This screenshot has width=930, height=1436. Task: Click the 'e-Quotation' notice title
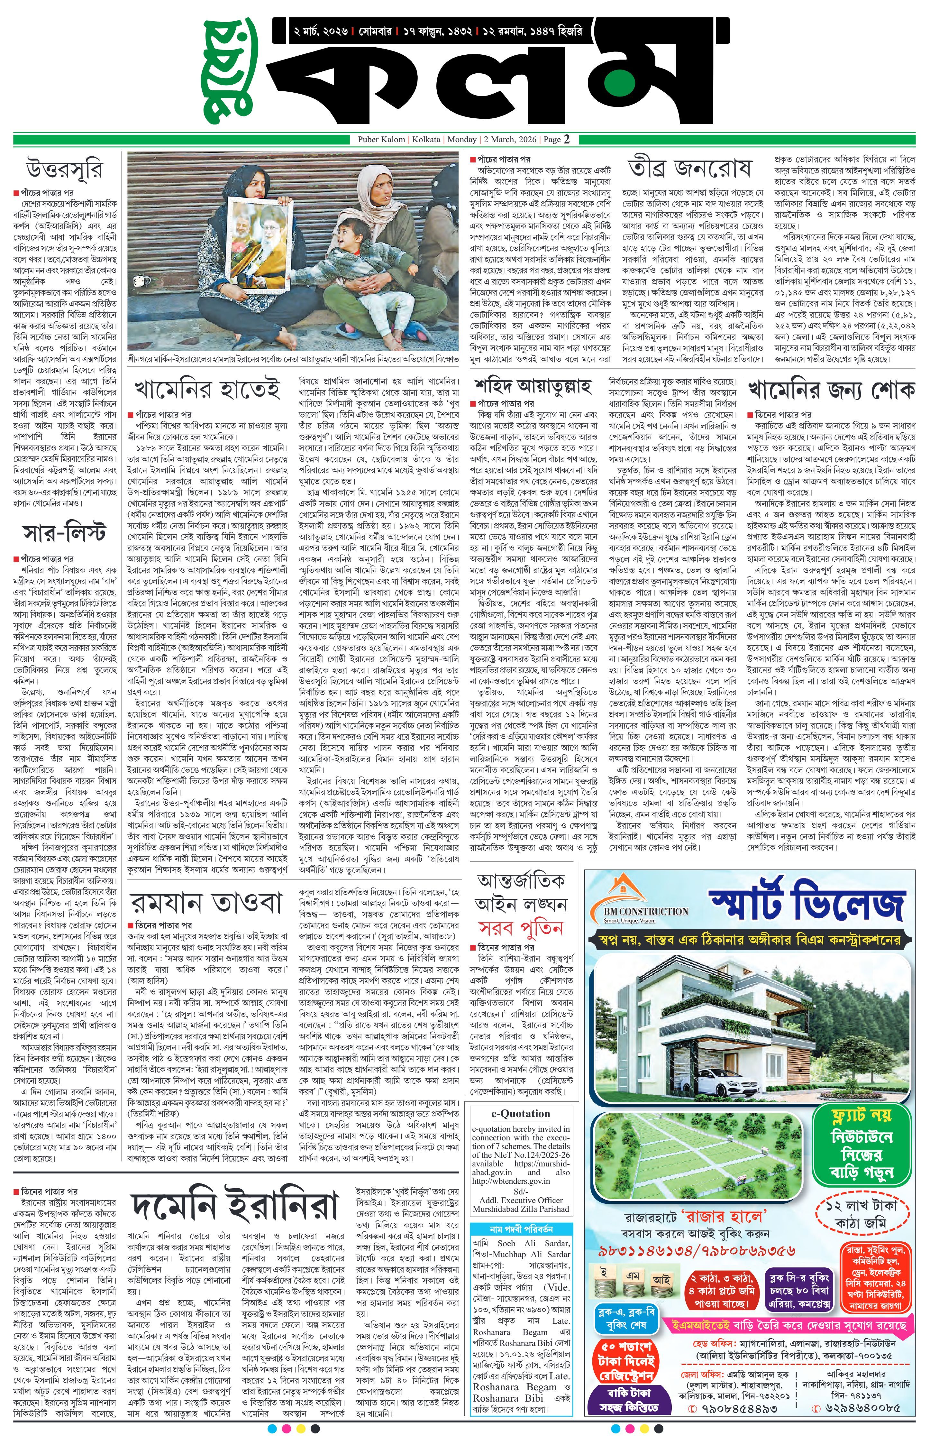click(x=520, y=1114)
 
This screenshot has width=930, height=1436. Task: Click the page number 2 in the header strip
click(x=567, y=139)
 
